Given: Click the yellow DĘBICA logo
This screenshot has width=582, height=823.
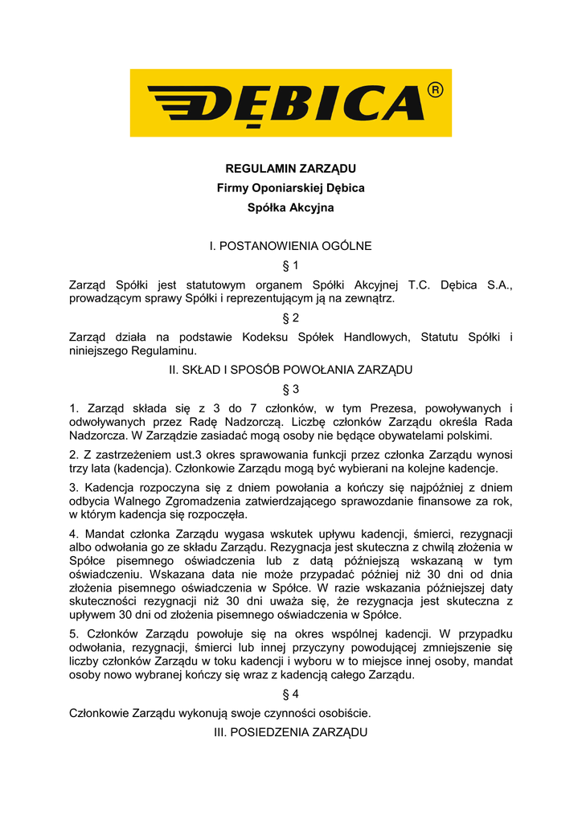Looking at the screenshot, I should (x=290, y=103).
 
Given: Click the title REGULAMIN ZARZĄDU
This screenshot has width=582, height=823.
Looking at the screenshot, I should (x=290, y=169).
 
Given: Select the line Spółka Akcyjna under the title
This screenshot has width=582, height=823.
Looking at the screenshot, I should (x=290, y=207).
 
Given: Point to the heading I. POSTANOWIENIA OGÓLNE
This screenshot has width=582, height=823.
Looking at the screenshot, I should (x=290, y=246).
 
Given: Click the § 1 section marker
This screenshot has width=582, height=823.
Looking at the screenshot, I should (x=290, y=265).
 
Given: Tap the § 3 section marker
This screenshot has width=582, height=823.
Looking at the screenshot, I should (x=290, y=389).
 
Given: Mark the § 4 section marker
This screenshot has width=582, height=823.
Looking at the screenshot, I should (x=290, y=694).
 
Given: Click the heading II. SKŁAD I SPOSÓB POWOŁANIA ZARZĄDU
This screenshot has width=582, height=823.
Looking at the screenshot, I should (x=290, y=370).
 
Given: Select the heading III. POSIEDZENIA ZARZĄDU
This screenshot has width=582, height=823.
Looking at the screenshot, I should (x=290, y=732).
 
